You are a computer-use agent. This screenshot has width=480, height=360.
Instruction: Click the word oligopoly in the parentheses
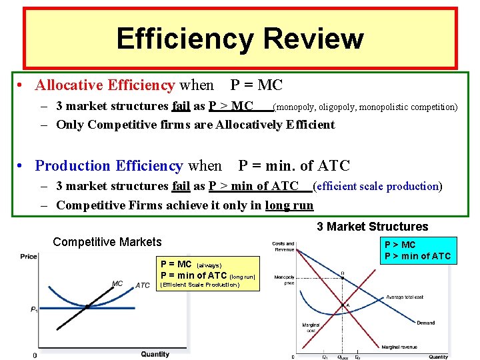click(337, 107)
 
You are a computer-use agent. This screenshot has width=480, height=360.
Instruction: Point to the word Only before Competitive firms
click(70, 125)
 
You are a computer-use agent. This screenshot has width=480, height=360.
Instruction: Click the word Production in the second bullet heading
click(73, 165)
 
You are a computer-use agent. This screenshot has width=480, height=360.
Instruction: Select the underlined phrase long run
click(289, 205)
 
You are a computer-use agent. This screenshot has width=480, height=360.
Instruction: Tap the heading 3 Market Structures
click(372, 227)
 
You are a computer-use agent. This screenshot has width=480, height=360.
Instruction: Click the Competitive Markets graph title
click(107, 242)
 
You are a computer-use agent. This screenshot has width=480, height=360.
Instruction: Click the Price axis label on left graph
click(29, 257)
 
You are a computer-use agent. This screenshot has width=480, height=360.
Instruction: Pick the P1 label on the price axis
click(33, 309)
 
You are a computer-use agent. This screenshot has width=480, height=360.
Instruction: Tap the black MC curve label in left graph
click(117, 284)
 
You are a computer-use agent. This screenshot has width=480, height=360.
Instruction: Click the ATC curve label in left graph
click(143, 286)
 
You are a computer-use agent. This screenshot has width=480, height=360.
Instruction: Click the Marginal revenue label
click(400, 347)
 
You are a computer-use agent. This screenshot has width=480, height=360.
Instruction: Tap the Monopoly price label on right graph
click(284, 279)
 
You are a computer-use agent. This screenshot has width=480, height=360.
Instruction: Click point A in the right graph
click(345, 306)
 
